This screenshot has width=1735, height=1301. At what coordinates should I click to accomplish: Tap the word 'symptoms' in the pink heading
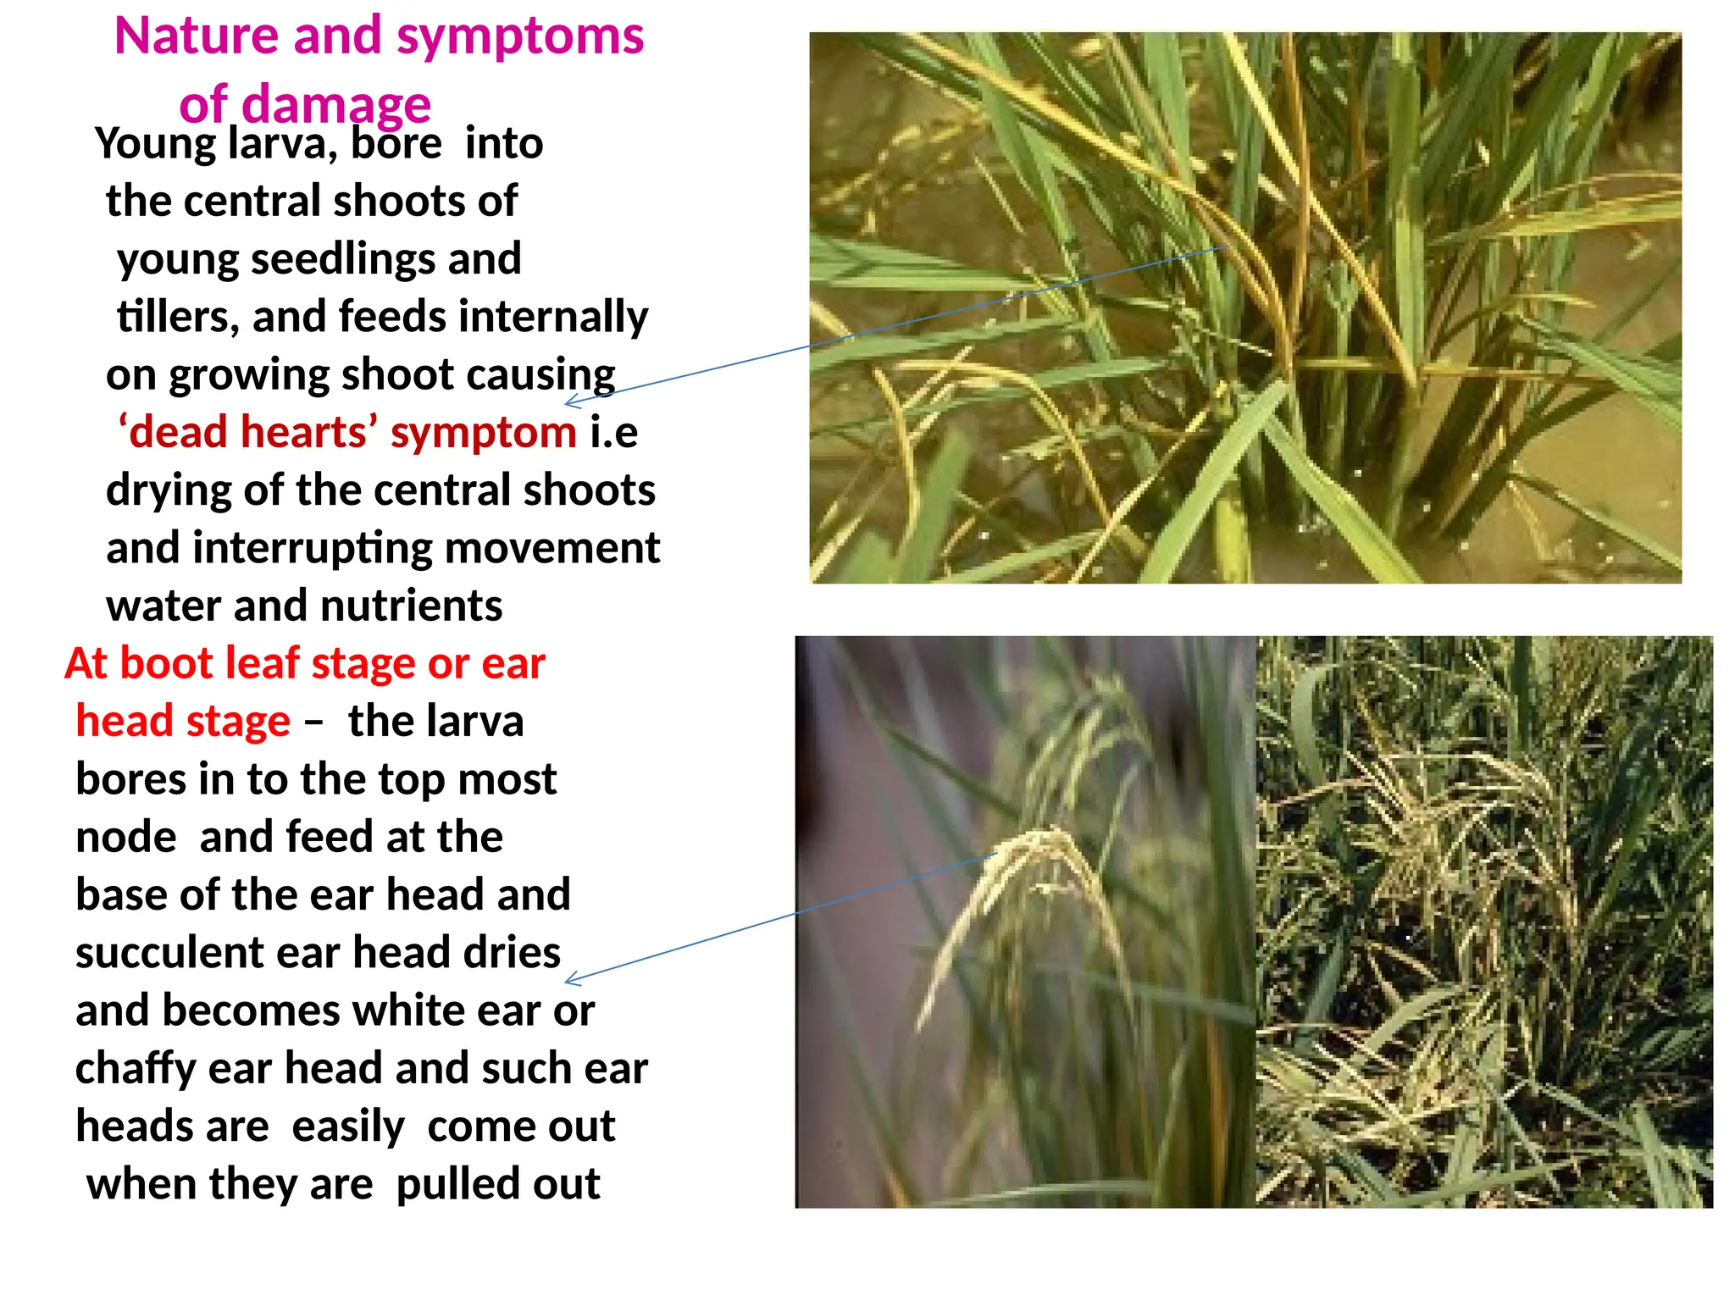(x=520, y=38)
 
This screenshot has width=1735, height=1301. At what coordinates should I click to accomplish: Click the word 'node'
(x=126, y=838)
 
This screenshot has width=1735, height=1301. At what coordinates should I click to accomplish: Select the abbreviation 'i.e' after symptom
(x=613, y=433)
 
